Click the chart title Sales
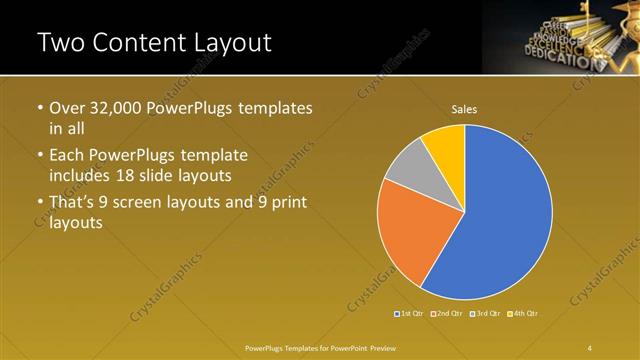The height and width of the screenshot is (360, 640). click(x=464, y=108)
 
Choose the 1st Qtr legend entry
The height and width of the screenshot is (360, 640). click(x=410, y=314)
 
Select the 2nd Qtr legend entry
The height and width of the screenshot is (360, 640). click(x=448, y=314)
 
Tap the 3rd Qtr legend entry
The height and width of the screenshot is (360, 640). click(x=487, y=314)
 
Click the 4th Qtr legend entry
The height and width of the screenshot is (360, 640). click(x=525, y=314)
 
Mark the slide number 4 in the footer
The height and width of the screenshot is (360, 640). click(x=590, y=347)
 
